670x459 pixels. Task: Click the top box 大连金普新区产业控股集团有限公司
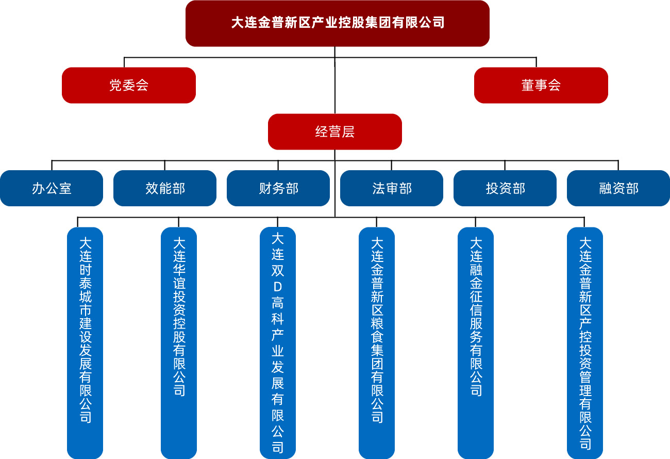(337, 23)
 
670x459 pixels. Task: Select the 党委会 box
(129, 85)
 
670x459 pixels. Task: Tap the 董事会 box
(541, 85)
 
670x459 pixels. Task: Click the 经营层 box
(335, 132)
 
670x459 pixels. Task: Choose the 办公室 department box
(52, 188)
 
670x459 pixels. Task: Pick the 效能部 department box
(165, 188)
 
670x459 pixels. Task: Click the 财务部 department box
(278, 188)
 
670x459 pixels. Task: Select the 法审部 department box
(392, 188)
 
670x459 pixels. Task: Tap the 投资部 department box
(505, 188)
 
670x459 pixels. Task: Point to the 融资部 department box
(618, 188)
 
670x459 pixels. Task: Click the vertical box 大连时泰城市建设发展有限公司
(85, 340)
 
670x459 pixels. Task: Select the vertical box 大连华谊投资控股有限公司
(179, 340)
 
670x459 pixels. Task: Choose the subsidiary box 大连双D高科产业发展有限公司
(278, 340)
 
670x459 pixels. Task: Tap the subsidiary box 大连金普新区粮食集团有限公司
(377, 340)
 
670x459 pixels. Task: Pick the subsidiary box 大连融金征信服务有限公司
(476, 340)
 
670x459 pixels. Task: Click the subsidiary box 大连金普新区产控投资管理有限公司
(585, 340)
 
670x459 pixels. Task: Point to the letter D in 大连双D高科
(278, 286)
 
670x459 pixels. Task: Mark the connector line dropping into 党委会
(124, 62)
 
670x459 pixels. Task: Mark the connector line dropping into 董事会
(537, 62)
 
